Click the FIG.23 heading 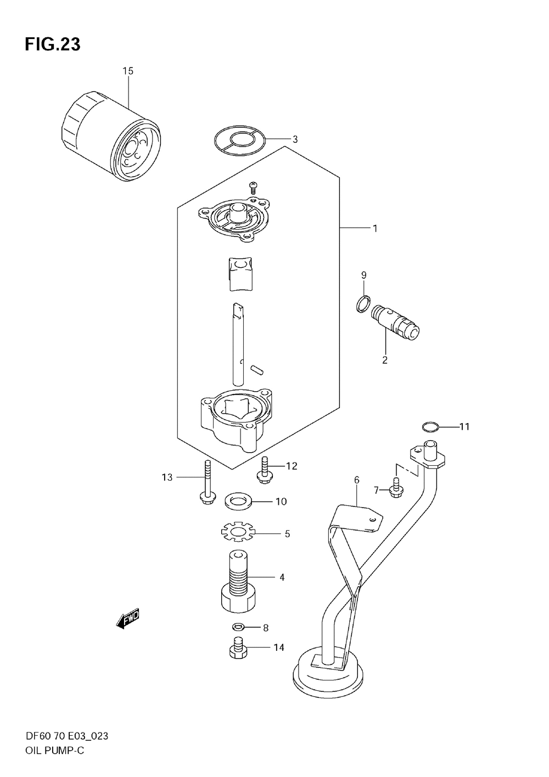(x=52, y=46)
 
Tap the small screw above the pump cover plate (x=253, y=187)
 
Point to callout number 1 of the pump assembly (x=375, y=228)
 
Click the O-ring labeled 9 (x=362, y=303)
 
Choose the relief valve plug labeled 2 (x=395, y=324)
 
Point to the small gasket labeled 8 (x=238, y=627)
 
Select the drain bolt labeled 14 (x=238, y=649)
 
